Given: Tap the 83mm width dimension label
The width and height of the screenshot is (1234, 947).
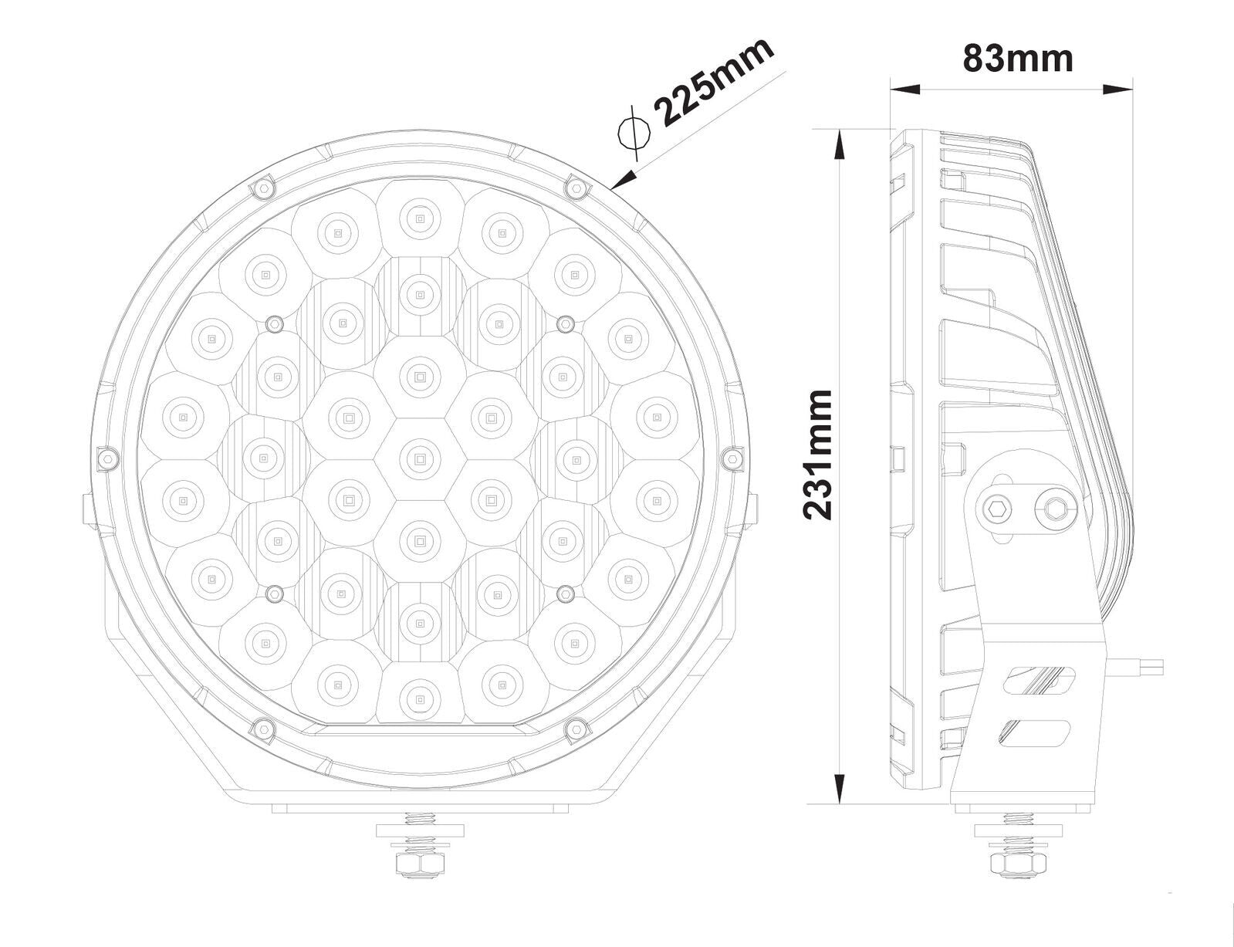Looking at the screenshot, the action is coord(1018,59).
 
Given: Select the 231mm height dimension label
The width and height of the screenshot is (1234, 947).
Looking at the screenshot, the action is coord(818,455).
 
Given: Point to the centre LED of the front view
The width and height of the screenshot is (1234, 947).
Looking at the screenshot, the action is coord(420,459).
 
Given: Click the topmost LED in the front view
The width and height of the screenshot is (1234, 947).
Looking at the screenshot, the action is coord(420,218).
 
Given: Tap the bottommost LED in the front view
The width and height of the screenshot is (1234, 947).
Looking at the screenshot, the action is coord(420,698).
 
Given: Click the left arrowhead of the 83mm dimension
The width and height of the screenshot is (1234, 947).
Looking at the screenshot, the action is coord(904,89).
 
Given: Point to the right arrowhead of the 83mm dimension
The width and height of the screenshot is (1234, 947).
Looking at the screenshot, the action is coord(1117,89).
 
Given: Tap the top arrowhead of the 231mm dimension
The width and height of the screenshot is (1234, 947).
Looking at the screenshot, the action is coord(838,144).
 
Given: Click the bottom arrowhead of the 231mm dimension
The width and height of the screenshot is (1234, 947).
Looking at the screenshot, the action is coord(838,788).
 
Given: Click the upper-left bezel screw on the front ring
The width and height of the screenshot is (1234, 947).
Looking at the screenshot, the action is coord(264,188).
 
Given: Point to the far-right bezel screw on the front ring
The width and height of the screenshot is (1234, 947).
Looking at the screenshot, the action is coord(733,458).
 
